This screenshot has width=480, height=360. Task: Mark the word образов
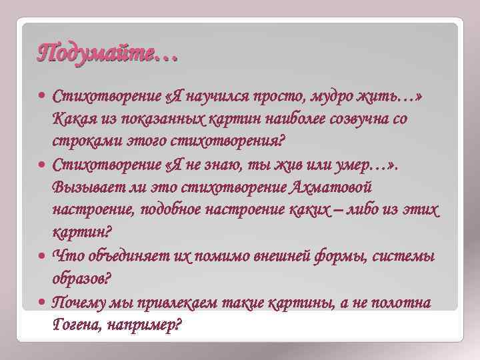[x=82, y=279]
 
